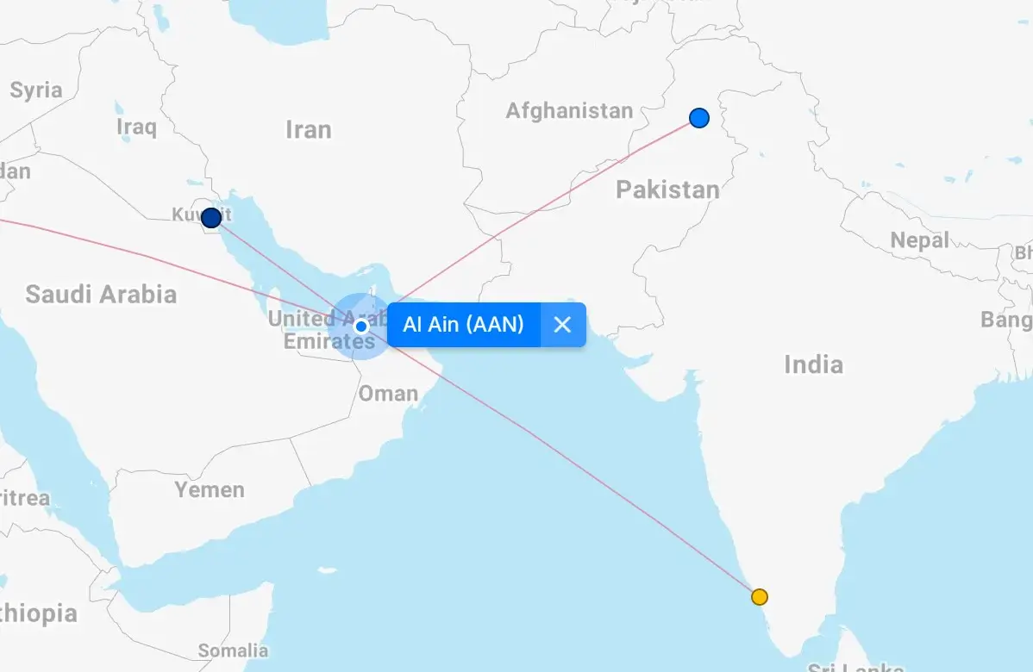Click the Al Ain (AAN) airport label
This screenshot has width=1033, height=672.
click(463, 325)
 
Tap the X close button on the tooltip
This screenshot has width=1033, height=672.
click(562, 325)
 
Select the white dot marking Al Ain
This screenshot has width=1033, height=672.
click(361, 327)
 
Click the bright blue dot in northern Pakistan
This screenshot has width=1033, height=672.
click(699, 118)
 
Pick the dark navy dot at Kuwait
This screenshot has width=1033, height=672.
click(211, 218)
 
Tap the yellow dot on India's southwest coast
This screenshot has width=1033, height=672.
click(759, 597)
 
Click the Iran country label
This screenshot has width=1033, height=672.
click(308, 130)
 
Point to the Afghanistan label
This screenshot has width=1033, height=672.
click(569, 111)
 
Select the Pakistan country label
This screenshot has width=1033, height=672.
click(667, 190)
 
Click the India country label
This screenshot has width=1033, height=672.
click(813, 364)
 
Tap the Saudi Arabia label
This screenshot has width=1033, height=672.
click(101, 295)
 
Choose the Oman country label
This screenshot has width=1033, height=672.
click(388, 394)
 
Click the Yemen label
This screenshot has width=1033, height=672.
click(210, 490)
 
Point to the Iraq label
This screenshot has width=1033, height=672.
click(136, 128)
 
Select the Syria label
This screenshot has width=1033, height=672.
click(36, 90)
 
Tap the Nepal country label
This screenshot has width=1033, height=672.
click(919, 240)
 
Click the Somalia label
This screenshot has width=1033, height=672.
click(233, 650)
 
